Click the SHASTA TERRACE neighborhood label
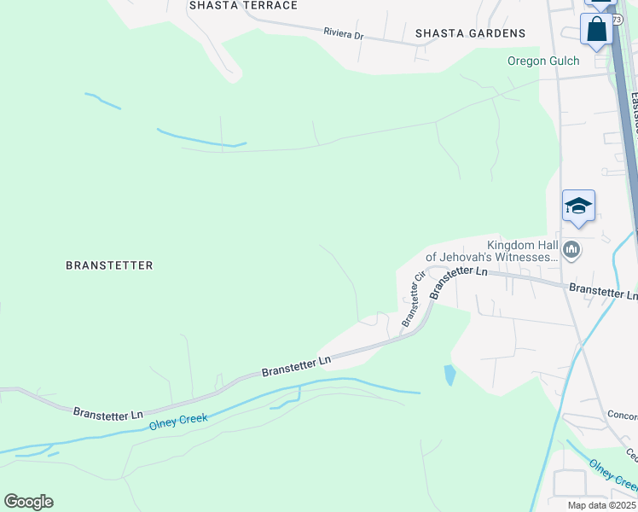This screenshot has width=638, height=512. pos(244,5)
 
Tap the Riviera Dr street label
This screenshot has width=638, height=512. pos(344,35)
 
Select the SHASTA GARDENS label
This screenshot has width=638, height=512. pos(470,33)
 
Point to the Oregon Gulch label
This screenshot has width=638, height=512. pos(543,61)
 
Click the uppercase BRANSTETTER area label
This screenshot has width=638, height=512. pos(109,265)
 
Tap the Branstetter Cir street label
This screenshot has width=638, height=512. pos(413,300)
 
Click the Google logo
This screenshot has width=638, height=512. pos(28,502)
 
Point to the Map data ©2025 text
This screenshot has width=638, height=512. pos(601,505)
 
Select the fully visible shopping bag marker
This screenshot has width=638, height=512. pos(597,28)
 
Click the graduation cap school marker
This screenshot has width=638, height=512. pos(578,207)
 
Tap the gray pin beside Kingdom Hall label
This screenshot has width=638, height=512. pos(571,250)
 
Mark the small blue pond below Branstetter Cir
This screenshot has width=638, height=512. pos(449,374)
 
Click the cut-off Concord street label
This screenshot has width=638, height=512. pos(621,416)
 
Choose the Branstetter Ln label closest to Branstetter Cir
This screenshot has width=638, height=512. pos(459,282)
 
